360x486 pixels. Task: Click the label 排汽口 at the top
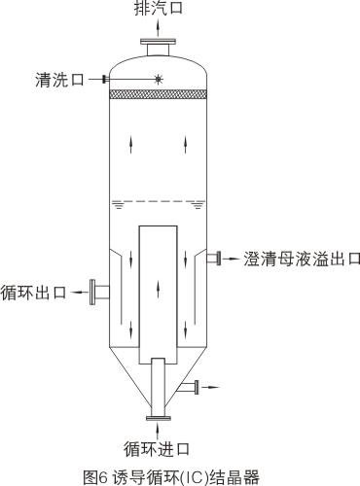pos(157,10)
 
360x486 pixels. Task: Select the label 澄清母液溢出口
pos(303,259)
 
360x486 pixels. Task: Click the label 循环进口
pos(157,448)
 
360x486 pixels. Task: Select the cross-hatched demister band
pos(157,94)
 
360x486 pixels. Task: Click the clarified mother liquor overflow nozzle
pos(216,258)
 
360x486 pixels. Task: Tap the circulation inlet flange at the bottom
pos(157,418)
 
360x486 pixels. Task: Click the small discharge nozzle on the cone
pos(194,387)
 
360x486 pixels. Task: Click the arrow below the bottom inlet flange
pos(157,431)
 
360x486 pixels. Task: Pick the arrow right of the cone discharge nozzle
pos(213,387)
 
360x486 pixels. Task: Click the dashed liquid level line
pos(157,200)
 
